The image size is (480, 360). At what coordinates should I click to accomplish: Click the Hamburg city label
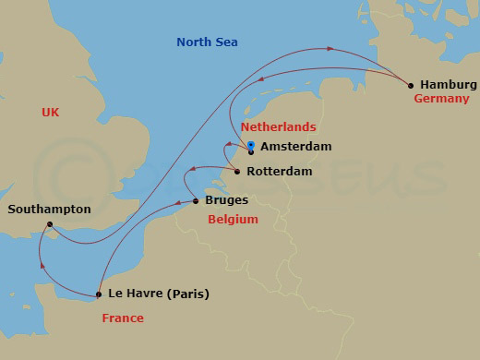tap(449, 84)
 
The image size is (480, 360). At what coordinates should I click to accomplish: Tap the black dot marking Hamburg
tap(411, 86)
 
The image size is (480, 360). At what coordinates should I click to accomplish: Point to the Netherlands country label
tap(278, 126)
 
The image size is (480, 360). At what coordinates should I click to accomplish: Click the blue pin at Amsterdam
tap(251, 146)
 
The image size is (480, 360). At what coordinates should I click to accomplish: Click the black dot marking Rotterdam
tap(238, 172)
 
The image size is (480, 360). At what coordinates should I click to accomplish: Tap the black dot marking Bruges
tap(196, 201)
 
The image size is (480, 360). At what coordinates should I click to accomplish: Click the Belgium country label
tap(233, 220)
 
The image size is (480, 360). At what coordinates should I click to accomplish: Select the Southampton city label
tap(49, 210)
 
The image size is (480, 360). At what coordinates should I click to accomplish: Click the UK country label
tap(51, 112)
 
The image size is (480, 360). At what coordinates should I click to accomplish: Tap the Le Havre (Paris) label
tap(159, 295)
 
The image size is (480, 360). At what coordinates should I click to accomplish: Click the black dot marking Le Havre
tap(98, 295)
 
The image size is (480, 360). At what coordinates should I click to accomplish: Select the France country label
tap(123, 318)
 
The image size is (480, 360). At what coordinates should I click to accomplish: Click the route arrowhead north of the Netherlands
tap(330, 49)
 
